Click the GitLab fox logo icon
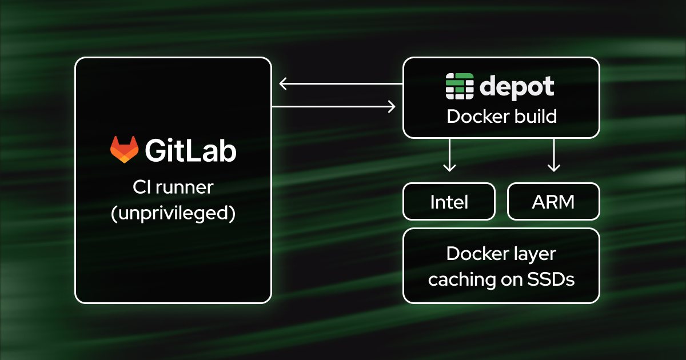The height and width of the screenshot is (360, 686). (x=124, y=150)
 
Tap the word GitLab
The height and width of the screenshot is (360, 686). (x=190, y=151)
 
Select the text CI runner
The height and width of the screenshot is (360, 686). (x=173, y=187)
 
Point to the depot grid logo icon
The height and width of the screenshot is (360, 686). (x=460, y=87)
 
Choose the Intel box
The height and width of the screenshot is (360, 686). (x=449, y=201)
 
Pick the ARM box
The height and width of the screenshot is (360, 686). (x=553, y=201)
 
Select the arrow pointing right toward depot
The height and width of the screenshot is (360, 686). (x=334, y=106)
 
